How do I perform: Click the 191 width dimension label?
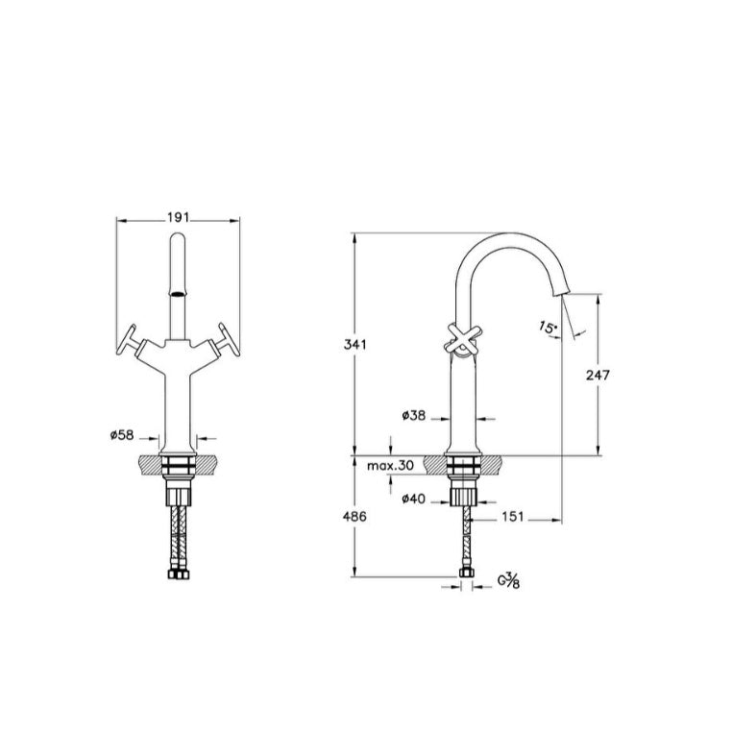pyautogui.click(x=178, y=217)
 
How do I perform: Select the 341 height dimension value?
pyautogui.click(x=355, y=345)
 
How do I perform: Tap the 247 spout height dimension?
pyautogui.click(x=598, y=375)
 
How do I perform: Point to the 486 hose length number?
pyautogui.click(x=354, y=516)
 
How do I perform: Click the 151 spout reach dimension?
pyautogui.click(x=513, y=517)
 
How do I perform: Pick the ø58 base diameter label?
pyautogui.click(x=122, y=435)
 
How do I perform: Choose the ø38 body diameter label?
pyautogui.click(x=414, y=415)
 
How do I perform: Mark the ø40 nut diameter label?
pyautogui.click(x=414, y=500)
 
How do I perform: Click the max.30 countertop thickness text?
pyautogui.click(x=390, y=466)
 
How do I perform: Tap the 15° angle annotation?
pyautogui.click(x=549, y=327)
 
